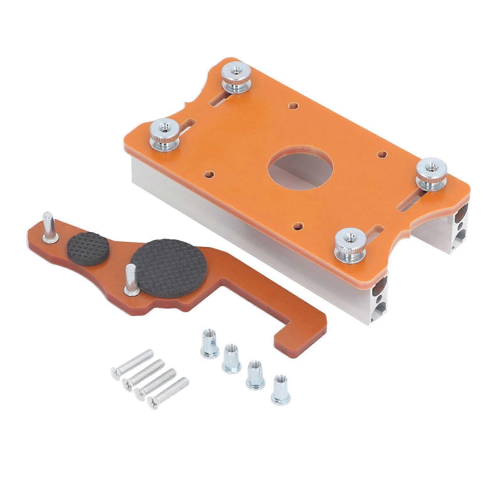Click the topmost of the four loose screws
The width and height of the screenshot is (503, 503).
pos(132,363)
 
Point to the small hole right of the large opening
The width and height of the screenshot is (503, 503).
pos(382,154)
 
